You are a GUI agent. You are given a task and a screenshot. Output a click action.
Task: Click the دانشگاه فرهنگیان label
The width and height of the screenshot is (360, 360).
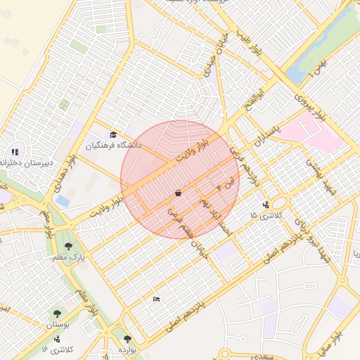(x=114, y=146)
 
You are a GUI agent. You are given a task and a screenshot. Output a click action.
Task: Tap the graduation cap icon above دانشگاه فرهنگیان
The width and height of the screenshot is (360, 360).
(x=113, y=134)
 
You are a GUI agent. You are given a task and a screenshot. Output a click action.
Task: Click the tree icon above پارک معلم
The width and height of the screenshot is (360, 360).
(x=67, y=246)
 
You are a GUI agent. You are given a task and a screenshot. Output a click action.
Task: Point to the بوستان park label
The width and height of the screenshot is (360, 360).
(x=59, y=326)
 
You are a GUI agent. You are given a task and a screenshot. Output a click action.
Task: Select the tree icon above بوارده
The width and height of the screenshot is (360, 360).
(x=127, y=339)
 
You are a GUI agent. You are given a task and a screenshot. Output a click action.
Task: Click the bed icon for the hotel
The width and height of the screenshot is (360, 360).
(x=156, y=300)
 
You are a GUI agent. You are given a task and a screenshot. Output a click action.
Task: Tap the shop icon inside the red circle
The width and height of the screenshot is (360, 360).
(x=178, y=192)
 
